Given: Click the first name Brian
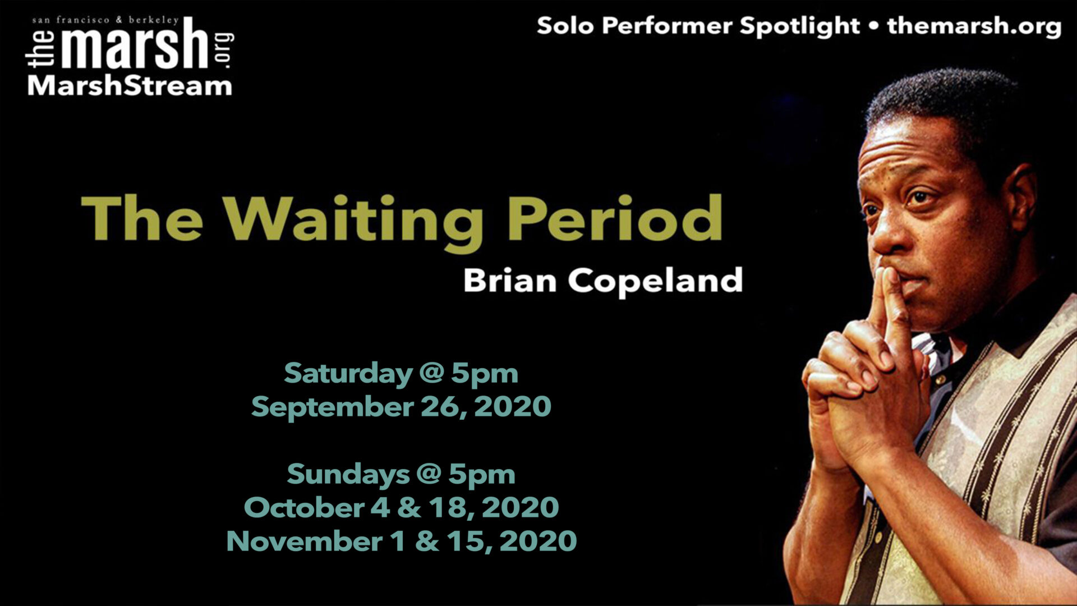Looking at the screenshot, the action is tap(509, 280).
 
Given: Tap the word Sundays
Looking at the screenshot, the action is tap(348, 475).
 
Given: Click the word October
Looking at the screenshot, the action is tap(304, 507).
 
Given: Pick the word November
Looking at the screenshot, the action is tap(305, 541).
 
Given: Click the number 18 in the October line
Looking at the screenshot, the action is tap(448, 507).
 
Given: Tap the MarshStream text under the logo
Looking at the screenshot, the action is tap(130, 86).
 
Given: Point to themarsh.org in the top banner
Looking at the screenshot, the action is tap(974, 26).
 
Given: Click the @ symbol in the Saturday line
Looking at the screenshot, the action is tap(431, 373).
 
